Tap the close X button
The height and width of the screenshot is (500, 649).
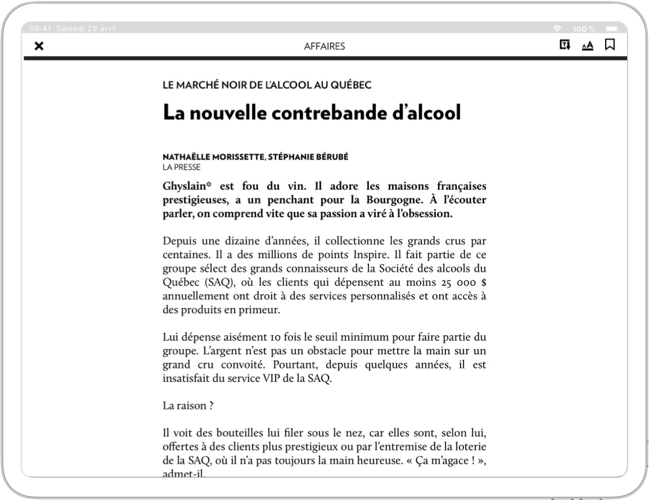click(39, 46)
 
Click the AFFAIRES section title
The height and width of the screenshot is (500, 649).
click(324, 47)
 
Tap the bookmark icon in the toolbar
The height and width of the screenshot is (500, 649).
click(610, 45)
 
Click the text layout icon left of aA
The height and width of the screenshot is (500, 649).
click(565, 45)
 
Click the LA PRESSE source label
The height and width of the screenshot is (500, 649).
click(182, 168)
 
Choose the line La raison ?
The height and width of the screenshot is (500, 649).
click(188, 406)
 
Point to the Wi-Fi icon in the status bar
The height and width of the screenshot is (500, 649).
click(557, 29)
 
